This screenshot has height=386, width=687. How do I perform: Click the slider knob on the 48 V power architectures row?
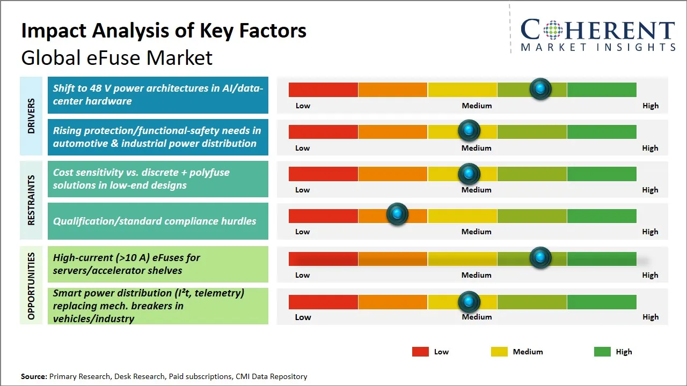pos(540,88)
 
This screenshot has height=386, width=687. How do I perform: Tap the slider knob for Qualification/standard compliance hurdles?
pos(397,214)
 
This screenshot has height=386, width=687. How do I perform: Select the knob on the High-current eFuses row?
pos(540,258)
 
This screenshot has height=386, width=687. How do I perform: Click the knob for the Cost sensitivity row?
pos(469,174)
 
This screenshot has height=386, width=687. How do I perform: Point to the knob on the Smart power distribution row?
pos(469,302)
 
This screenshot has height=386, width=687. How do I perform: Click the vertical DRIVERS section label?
pos(31,116)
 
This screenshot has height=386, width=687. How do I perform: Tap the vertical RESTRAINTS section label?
pos(31,200)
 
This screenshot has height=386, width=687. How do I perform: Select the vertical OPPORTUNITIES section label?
pos(31,286)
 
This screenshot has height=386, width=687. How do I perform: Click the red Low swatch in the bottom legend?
pos(420,352)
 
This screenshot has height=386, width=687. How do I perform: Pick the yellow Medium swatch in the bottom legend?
pos(499,352)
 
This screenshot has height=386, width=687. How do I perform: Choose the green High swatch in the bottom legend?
pos(602,352)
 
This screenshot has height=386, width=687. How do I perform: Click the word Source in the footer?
pos(33,376)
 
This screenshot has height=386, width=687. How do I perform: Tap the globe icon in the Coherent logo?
pos(553,30)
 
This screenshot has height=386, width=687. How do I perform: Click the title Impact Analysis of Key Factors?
pos(164,31)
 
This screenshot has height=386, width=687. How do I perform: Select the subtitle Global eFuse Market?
pos(117,57)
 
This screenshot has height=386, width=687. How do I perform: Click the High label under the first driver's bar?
pos(651,106)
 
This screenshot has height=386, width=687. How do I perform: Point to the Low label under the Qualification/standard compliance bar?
pos(303,232)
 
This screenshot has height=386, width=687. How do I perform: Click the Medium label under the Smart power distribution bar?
pos(477,317)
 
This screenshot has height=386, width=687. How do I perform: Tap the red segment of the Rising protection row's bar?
pos(323,132)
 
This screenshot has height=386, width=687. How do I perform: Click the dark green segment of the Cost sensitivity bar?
pos(602,174)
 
